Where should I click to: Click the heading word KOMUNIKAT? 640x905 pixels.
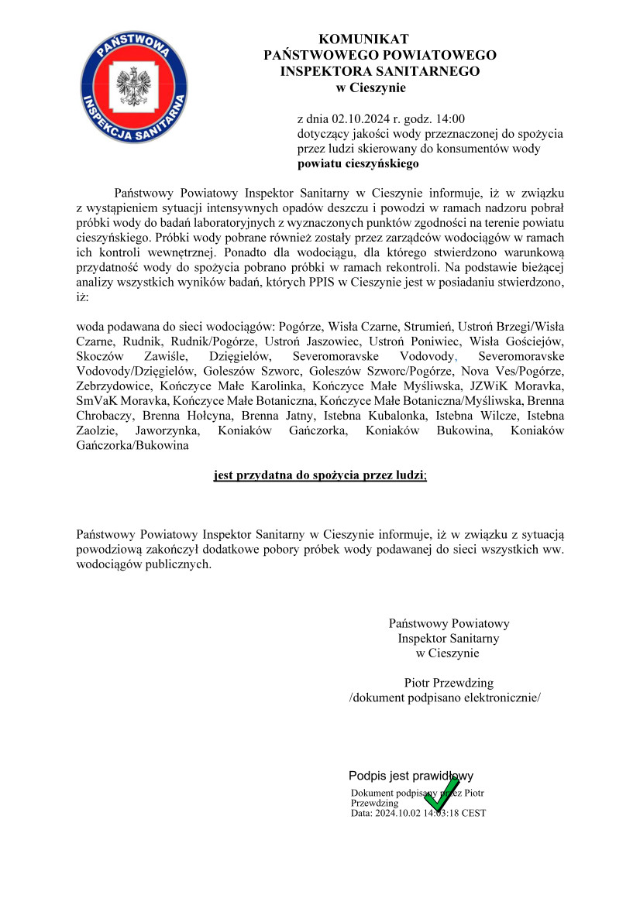[x=363, y=39]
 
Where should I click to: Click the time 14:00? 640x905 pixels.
[x=450, y=118]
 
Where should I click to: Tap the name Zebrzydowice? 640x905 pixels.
[x=115, y=386]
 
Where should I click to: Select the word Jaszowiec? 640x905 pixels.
[x=329, y=341]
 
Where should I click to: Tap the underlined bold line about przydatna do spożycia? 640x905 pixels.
[x=320, y=477]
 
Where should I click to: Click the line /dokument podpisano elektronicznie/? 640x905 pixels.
[x=445, y=698]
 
